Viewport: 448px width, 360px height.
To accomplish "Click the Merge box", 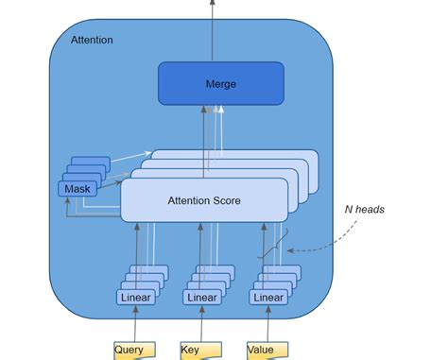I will click(220, 83).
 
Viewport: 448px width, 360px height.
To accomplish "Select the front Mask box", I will click(77, 189).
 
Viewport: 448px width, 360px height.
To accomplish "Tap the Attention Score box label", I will click(203, 199).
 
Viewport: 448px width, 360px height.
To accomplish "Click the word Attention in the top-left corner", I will click(92, 41).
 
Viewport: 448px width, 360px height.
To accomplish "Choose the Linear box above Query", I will click(136, 297).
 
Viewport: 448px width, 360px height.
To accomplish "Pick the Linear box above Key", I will click(201, 297).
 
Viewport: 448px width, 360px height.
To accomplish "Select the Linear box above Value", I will click(267, 297).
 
